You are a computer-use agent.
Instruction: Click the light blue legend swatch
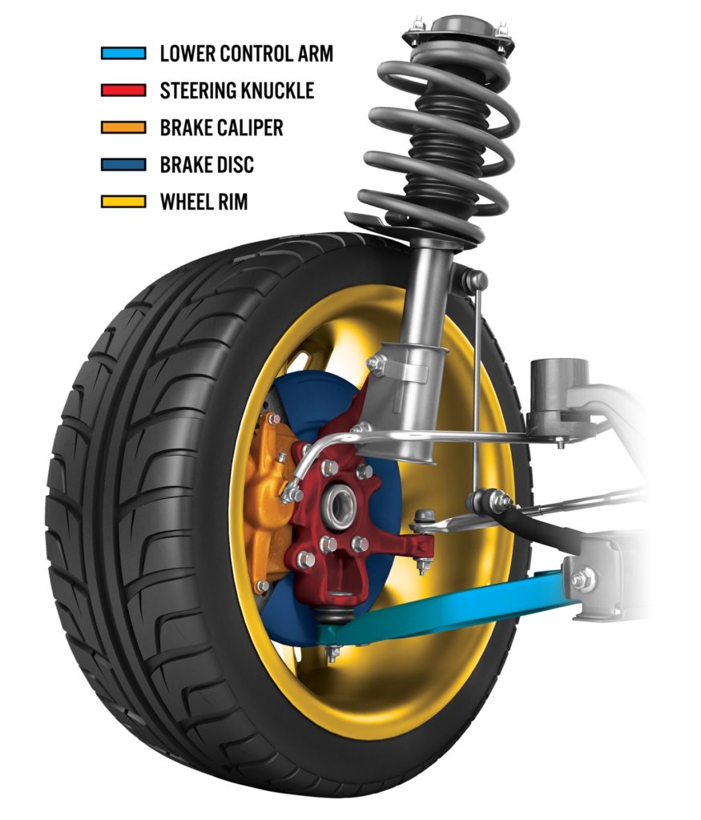click(123, 54)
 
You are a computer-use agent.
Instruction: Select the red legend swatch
click(123, 90)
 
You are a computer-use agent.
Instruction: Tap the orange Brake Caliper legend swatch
click(123, 127)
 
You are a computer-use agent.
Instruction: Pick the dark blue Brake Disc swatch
click(123, 164)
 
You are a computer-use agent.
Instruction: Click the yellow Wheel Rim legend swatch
click(123, 201)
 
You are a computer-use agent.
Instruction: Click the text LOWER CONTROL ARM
click(246, 54)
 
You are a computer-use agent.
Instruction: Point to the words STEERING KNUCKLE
click(237, 90)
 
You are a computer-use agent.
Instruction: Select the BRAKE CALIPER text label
click(221, 127)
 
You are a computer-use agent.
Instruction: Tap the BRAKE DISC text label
click(207, 164)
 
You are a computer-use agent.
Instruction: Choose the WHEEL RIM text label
click(203, 201)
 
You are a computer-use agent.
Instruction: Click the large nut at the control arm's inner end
click(582, 578)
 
